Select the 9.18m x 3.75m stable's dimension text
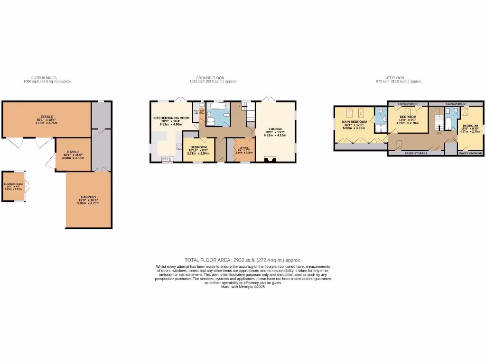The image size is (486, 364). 47,123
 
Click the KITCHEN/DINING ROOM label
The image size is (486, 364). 171,118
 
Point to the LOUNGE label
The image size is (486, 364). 275,129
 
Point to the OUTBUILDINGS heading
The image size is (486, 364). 44,78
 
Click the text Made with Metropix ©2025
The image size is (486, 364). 243,286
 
